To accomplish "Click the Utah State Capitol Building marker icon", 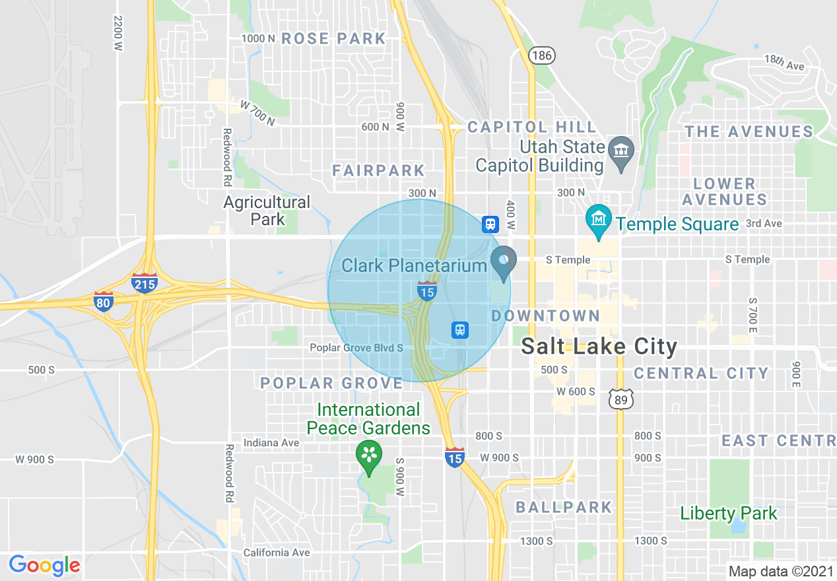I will click(620, 153).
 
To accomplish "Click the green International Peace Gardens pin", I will click(369, 456).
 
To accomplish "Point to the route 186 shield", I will click(541, 55).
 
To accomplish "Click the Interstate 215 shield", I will click(144, 283).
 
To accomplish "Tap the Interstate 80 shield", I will click(103, 301).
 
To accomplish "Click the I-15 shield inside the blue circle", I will click(426, 290).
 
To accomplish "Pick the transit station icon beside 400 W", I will click(490, 224).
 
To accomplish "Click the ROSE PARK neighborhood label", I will click(333, 39).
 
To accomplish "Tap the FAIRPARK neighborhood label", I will click(379, 170).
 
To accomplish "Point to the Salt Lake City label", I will click(599, 346).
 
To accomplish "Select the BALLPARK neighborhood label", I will click(564, 507).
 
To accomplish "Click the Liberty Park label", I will click(729, 512).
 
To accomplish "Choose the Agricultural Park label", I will click(267, 210).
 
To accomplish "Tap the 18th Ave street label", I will click(784, 63).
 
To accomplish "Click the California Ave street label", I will click(276, 553).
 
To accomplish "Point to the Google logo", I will click(44, 565).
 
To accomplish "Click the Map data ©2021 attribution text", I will click(780, 570).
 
